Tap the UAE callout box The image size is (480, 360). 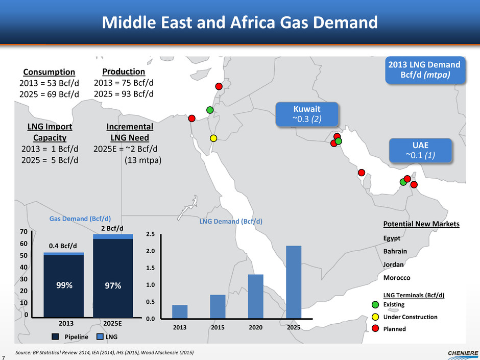tap(421, 150)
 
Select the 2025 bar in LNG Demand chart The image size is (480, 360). tap(294, 282)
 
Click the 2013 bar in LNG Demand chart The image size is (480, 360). tap(180, 311)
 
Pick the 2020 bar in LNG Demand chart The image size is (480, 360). tap(255, 296)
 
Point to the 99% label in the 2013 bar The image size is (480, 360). tap(63, 286)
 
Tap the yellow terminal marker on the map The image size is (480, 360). tap(213, 138)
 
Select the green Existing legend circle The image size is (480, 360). tap(376, 305)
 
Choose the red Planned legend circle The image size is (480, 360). tap(376, 329)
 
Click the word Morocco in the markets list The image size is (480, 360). tap(396, 278)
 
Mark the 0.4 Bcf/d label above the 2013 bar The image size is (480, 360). tap(63, 246)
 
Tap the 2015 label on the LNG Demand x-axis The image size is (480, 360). tap(218, 327)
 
